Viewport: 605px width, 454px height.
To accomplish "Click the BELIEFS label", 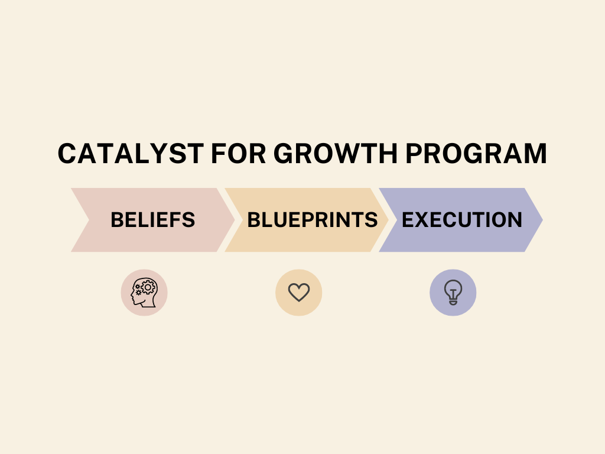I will (152, 220).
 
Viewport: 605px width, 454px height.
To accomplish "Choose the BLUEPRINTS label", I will (312, 220).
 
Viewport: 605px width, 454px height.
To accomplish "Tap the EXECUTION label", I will (462, 220).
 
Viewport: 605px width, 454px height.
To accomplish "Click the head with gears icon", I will (144, 293).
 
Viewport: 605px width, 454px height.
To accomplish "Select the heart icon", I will (299, 292).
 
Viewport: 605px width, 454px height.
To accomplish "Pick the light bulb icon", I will (453, 292).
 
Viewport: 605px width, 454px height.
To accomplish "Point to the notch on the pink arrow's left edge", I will (89, 220).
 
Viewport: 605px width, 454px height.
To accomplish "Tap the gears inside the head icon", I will (146, 288).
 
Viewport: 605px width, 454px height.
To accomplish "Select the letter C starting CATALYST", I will (69, 154).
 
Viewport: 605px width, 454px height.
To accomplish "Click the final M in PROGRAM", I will (534, 154).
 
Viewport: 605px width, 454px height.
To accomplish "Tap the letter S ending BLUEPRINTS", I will (371, 220).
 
